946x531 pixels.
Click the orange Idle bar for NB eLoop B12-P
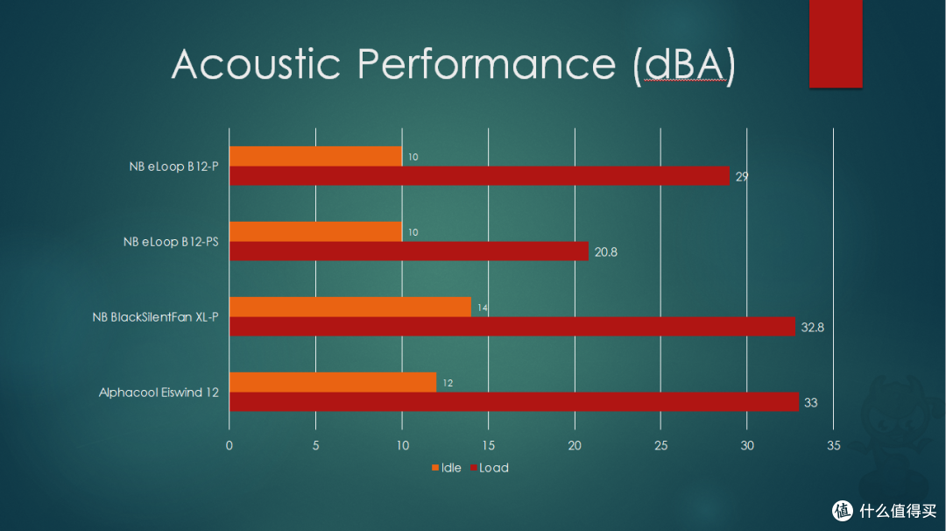pyautogui.click(x=315, y=156)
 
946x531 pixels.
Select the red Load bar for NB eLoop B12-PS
pyautogui.click(x=409, y=251)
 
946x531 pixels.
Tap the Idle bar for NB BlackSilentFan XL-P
pyautogui.click(x=349, y=307)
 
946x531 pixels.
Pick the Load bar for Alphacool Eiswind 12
pyautogui.click(x=514, y=402)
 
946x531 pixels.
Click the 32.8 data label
pyautogui.click(x=812, y=327)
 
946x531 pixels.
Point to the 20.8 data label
pyautogui.click(x=606, y=252)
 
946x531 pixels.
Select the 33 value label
pyautogui.click(x=811, y=402)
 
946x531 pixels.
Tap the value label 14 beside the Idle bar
pyautogui.click(x=483, y=308)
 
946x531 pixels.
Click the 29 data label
pyautogui.click(x=742, y=177)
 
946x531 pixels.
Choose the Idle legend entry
pyautogui.click(x=447, y=468)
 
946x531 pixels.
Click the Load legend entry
pyautogui.click(x=490, y=468)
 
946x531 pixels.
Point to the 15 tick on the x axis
pyautogui.click(x=488, y=445)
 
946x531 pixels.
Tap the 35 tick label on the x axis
pyautogui.click(x=833, y=445)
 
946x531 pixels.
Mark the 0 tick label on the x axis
pyautogui.click(x=229, y=445)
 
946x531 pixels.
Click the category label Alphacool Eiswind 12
pyautogui.click(x=159, y=393)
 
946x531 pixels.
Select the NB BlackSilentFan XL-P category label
pyautogui.click(x=155, y=317)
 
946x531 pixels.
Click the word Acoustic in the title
pyautogui.click(x=257, y=64)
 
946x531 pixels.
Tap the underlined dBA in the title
pyautogui.click(x=684, y=64)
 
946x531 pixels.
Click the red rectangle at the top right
pyautogui.click(x=836, y=44)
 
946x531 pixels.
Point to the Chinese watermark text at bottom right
pyautogui.click(x=898, y=511)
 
